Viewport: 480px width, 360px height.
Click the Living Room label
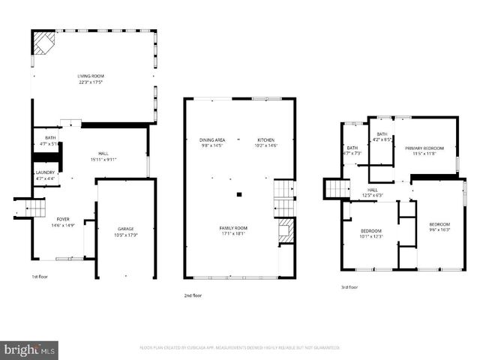(94, 78)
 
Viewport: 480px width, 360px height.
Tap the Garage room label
(125, 231)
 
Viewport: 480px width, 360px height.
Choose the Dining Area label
(212, 142)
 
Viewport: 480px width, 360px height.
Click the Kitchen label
(266, 142)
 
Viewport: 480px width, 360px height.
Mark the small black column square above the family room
(238, 194)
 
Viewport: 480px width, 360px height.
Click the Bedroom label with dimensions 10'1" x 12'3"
(371, 233)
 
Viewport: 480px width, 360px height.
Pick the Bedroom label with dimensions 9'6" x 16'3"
(439, 227)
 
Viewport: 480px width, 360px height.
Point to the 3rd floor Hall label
(373, 193)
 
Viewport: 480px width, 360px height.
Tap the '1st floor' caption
(41, 276)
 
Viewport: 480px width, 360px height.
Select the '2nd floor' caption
(193, 295)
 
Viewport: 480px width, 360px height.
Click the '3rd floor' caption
(349, 286)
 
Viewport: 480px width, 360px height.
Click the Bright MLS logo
(30, 349)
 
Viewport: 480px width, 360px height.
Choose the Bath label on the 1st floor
(50, 140)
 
